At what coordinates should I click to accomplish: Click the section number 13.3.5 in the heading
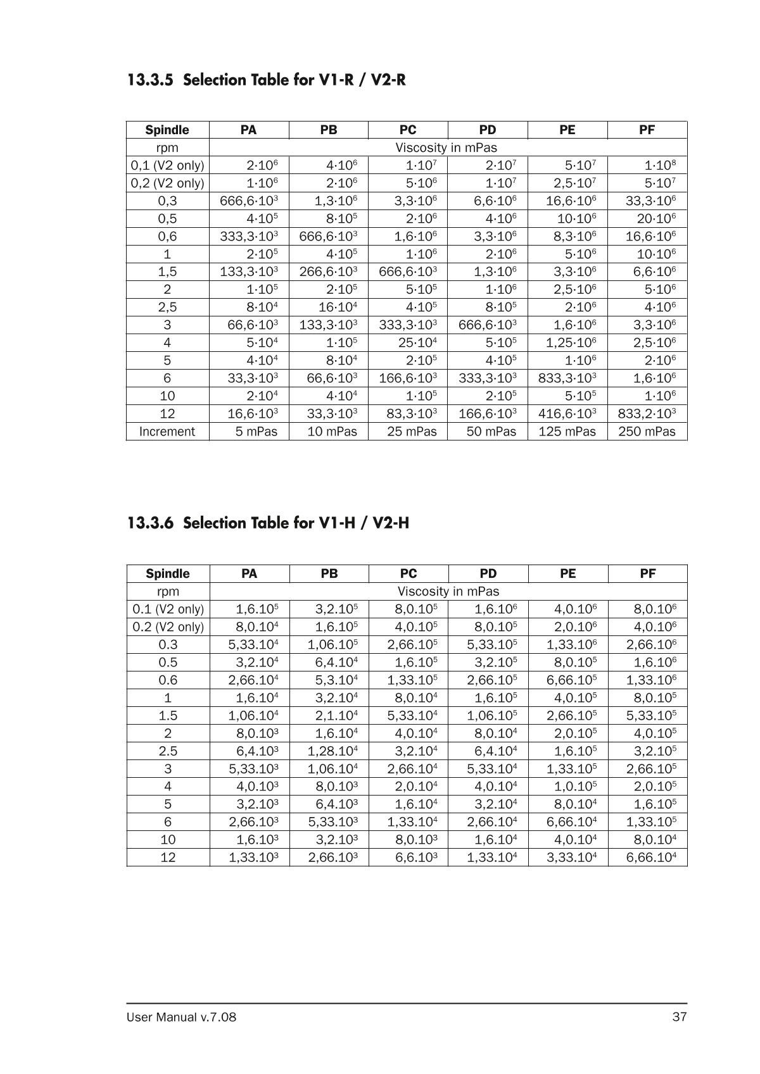[150, 80]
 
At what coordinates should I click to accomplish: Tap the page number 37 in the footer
[680, 1017]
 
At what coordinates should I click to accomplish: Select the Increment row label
[167, 432]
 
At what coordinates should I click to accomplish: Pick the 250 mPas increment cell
[647, 432]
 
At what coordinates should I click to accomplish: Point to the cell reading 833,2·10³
[647, 414]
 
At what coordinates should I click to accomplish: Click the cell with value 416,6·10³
[567, 414]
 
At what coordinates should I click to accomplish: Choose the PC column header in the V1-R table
[408, 130]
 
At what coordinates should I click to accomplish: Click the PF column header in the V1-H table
[647, 573]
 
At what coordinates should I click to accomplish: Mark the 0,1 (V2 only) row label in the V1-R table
[167, 166]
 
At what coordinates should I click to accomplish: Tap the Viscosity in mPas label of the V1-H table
[448, 592]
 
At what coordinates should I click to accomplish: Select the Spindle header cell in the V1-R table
[167, 130]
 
